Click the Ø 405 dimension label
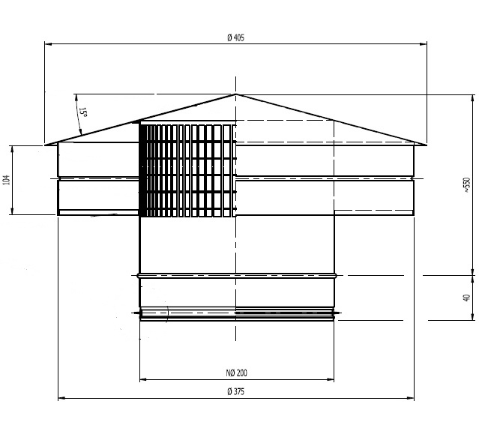tap(236, 38)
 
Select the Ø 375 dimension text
tap(236, 391)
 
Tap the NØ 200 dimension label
tap(236, 373)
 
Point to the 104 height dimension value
tap(7, 180)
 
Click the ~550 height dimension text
tap(467, 184)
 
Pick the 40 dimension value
tap(466, 298)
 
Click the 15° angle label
tap(83, 112)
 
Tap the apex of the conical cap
tap(236, 94)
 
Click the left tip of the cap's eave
tap(45, 145)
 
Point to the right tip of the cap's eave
tap(427, 145)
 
